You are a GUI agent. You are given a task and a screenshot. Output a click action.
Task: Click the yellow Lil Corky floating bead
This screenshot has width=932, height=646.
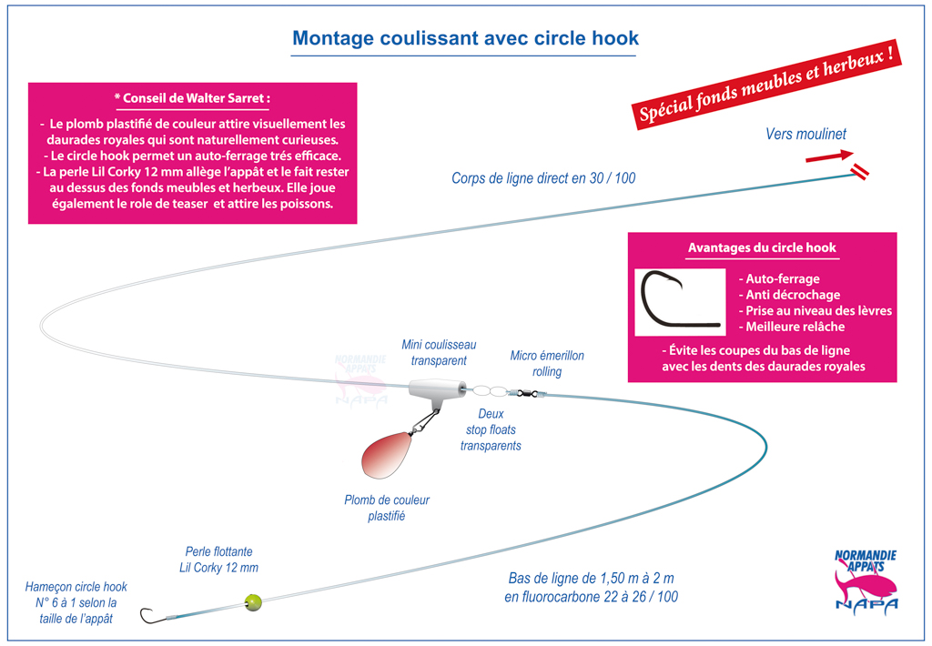click(x=253, y=602)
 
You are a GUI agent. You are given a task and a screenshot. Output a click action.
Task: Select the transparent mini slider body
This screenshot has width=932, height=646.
click(x=437, y=389)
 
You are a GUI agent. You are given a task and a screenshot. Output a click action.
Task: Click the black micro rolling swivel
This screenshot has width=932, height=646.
click(x=527, y=392)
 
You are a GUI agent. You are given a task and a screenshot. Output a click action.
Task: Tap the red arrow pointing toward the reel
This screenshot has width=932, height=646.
click(x=829, y=156)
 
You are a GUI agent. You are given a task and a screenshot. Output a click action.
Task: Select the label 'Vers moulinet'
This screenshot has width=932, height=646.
click(x=805, y=135)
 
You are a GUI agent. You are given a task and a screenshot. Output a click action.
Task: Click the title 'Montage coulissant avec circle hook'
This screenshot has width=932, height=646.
click(x=465, y=38)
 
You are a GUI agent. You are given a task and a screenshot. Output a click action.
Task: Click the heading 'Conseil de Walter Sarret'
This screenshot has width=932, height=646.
click(x=193, y=98)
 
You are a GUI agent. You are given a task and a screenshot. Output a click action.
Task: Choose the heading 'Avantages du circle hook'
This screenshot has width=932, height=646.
click(x=762, y=247)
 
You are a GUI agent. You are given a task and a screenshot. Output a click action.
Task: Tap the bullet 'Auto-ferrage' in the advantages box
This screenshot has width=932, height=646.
click(x=779, y=278)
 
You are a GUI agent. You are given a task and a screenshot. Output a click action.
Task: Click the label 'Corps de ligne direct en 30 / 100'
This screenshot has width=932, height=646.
click(x=543, y=178)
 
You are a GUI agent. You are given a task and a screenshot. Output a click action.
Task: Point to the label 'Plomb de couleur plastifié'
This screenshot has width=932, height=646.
click(x=386, y=508)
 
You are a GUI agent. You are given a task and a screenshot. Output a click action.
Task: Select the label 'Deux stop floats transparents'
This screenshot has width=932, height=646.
click(x=491, y=429)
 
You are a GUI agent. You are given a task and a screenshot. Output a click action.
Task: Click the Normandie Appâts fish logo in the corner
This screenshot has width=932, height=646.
click(x=866, y=581)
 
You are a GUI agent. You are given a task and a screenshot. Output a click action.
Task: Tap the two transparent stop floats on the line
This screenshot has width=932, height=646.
click(x=491, y=391)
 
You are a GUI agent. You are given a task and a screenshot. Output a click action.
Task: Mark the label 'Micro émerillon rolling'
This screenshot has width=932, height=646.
click(x=547, y=364)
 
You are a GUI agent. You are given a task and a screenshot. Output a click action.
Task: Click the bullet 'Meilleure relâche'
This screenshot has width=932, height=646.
click(x=792, y=327)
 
